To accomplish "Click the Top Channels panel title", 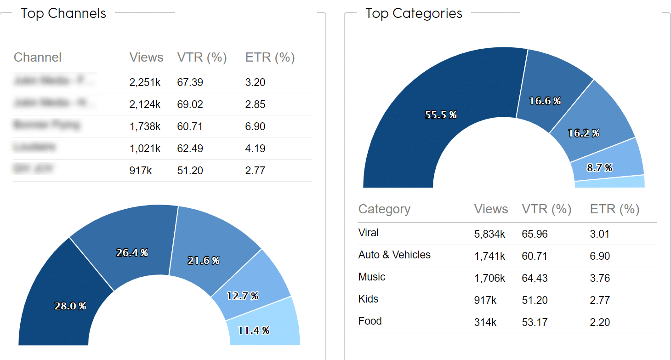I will point(63,14).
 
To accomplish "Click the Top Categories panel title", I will point(414,14).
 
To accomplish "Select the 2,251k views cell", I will point(145,83).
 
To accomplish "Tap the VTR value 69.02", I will point(190,105).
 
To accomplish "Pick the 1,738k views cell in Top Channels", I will point(145,127).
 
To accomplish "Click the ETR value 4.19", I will point(255,149).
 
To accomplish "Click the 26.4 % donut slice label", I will point(132,253).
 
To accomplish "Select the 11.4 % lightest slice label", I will point(253,331).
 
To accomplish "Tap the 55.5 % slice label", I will point(441,115).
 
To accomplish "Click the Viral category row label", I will point(369,233).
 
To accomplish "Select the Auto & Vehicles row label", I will point(394,255).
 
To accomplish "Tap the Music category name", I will point(372,277).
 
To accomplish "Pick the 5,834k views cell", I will point(489,234).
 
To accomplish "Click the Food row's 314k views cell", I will point(485,323).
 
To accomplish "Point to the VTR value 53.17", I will point(535,323).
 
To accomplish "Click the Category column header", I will point(384,210).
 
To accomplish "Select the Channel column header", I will point(38,58).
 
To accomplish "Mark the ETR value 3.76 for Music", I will point(600,279).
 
